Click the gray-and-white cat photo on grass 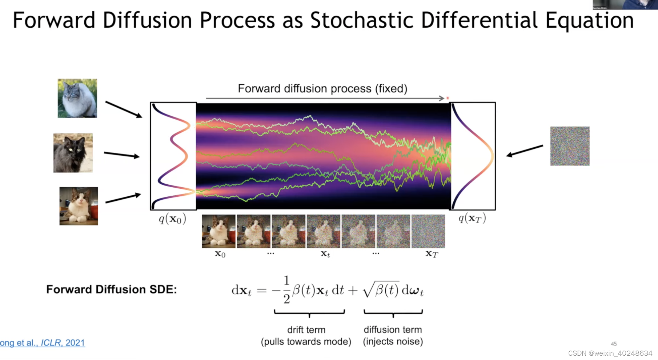pyautogui.click(x=77, y=98)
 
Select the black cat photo pyautogui.click(x=73, y=153)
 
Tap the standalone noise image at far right pyautogui.click(x=570, y=146)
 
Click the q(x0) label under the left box pyautogui.click(x=172, y=219)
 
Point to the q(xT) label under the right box pyautogui.click(x=472, y=218)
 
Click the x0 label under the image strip pyautogui.click(x=220, y=254)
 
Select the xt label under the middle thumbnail pyautogui.click(x=325, y=254)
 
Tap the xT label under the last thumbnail pyautogui.click(x=432, y=254)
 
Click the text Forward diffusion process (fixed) pyautogui.click(x=322, y=88)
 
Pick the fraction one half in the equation pyautogui.click(x=286, y=289)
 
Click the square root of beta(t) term pyautogui.click(x=381, y=290)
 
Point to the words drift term pyautogui.click(x=306, y=330)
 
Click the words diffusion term pyautogui.click(x=393, y=330)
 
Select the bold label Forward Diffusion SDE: pyautogui.click(x=111, y=289)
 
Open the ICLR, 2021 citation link pyautogui.click(x=63, y=343)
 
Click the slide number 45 pyautogui.click(x=614, y=344)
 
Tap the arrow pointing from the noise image pyautogui.click(x=525, y=151)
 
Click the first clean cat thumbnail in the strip pyautogui.click(x=218, y=231)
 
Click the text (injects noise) pyautogui.click(x=393, y=341)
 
